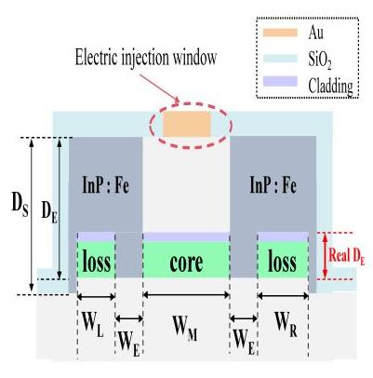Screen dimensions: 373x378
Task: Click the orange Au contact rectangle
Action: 187,124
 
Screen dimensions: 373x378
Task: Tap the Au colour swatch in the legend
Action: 280,33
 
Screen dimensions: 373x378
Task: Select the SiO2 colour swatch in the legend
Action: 280,58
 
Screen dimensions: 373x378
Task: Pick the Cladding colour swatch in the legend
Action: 280,81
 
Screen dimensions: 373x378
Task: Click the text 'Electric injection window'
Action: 146,58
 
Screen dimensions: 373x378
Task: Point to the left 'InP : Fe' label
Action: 106,185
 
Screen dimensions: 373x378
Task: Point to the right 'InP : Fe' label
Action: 273,185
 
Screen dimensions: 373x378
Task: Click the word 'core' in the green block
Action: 186,263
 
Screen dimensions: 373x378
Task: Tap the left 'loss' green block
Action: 96,260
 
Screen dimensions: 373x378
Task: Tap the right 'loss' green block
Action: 283,260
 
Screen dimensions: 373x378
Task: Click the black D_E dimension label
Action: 49,213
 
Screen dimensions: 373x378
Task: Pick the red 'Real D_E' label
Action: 347,257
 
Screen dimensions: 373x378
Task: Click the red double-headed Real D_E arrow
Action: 325,256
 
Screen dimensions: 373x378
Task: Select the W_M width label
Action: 185,329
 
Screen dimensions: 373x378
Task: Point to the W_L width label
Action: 92,325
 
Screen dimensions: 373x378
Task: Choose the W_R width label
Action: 286,325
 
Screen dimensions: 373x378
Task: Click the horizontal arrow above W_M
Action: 186,295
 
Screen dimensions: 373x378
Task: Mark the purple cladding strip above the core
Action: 186,236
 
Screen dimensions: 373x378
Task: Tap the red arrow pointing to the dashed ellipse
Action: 160,88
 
